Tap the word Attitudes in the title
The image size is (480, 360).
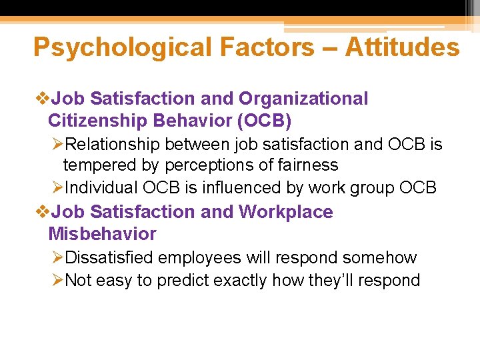(x=402, y=48)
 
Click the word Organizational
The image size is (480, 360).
(x=303, y=99)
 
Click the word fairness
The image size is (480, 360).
(x=307, y=165)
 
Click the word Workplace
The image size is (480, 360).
(x=285, y=212)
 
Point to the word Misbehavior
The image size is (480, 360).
(x=102, y=234)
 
